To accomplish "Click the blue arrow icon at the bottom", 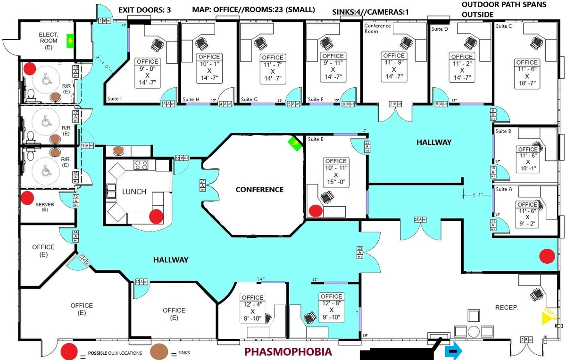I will (453, 352).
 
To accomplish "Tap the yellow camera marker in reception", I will (549, 317).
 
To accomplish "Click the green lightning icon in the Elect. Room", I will (70, 41).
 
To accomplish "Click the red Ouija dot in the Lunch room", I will (156, 217).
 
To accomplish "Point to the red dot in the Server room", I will (27, 197).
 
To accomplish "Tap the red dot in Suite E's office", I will (315, 210).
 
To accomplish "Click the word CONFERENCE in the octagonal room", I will (259, 190).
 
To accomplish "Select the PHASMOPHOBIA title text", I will (288, 352).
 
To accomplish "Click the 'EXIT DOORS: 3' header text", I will (144, 9).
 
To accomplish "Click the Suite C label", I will (504, 26).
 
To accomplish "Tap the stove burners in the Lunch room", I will (141, 165).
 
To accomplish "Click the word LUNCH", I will (134, 192).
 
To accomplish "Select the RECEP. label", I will (507, 308).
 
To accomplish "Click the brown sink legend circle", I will (159, 352).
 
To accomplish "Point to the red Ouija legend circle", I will (69, 352).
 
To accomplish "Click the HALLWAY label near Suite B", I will (433, 142).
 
